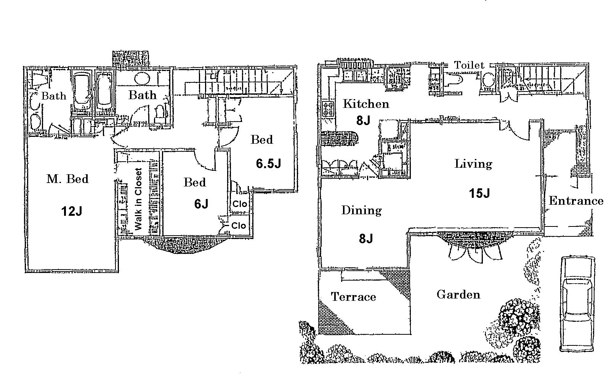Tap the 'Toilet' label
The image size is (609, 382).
[x=469, y=66]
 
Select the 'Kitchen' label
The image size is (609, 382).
[x=366, y=104]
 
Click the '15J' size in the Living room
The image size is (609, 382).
[x=479, y=193]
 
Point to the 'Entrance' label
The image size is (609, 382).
[x=576, y=201]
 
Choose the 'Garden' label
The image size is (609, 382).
[x=458, y=294]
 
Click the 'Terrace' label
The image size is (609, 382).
[x=353, y=297]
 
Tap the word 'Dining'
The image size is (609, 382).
[x=361, y=210]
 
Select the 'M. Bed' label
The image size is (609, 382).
[x=67, y=179]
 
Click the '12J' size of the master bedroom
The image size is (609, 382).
[x=72, y=211]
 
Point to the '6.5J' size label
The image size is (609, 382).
[x=269, y=164]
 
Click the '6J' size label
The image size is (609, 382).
[x=201, y=204]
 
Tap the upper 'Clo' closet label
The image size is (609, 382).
[x=240, y=204]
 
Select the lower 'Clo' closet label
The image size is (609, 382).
[x=239, y=226]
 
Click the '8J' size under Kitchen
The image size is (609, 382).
[x=363, y=120]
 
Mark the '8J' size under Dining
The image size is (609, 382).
[x=365, y=239]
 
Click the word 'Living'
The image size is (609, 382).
[x=473, y=164]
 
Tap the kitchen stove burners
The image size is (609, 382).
[x=327, y=109]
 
